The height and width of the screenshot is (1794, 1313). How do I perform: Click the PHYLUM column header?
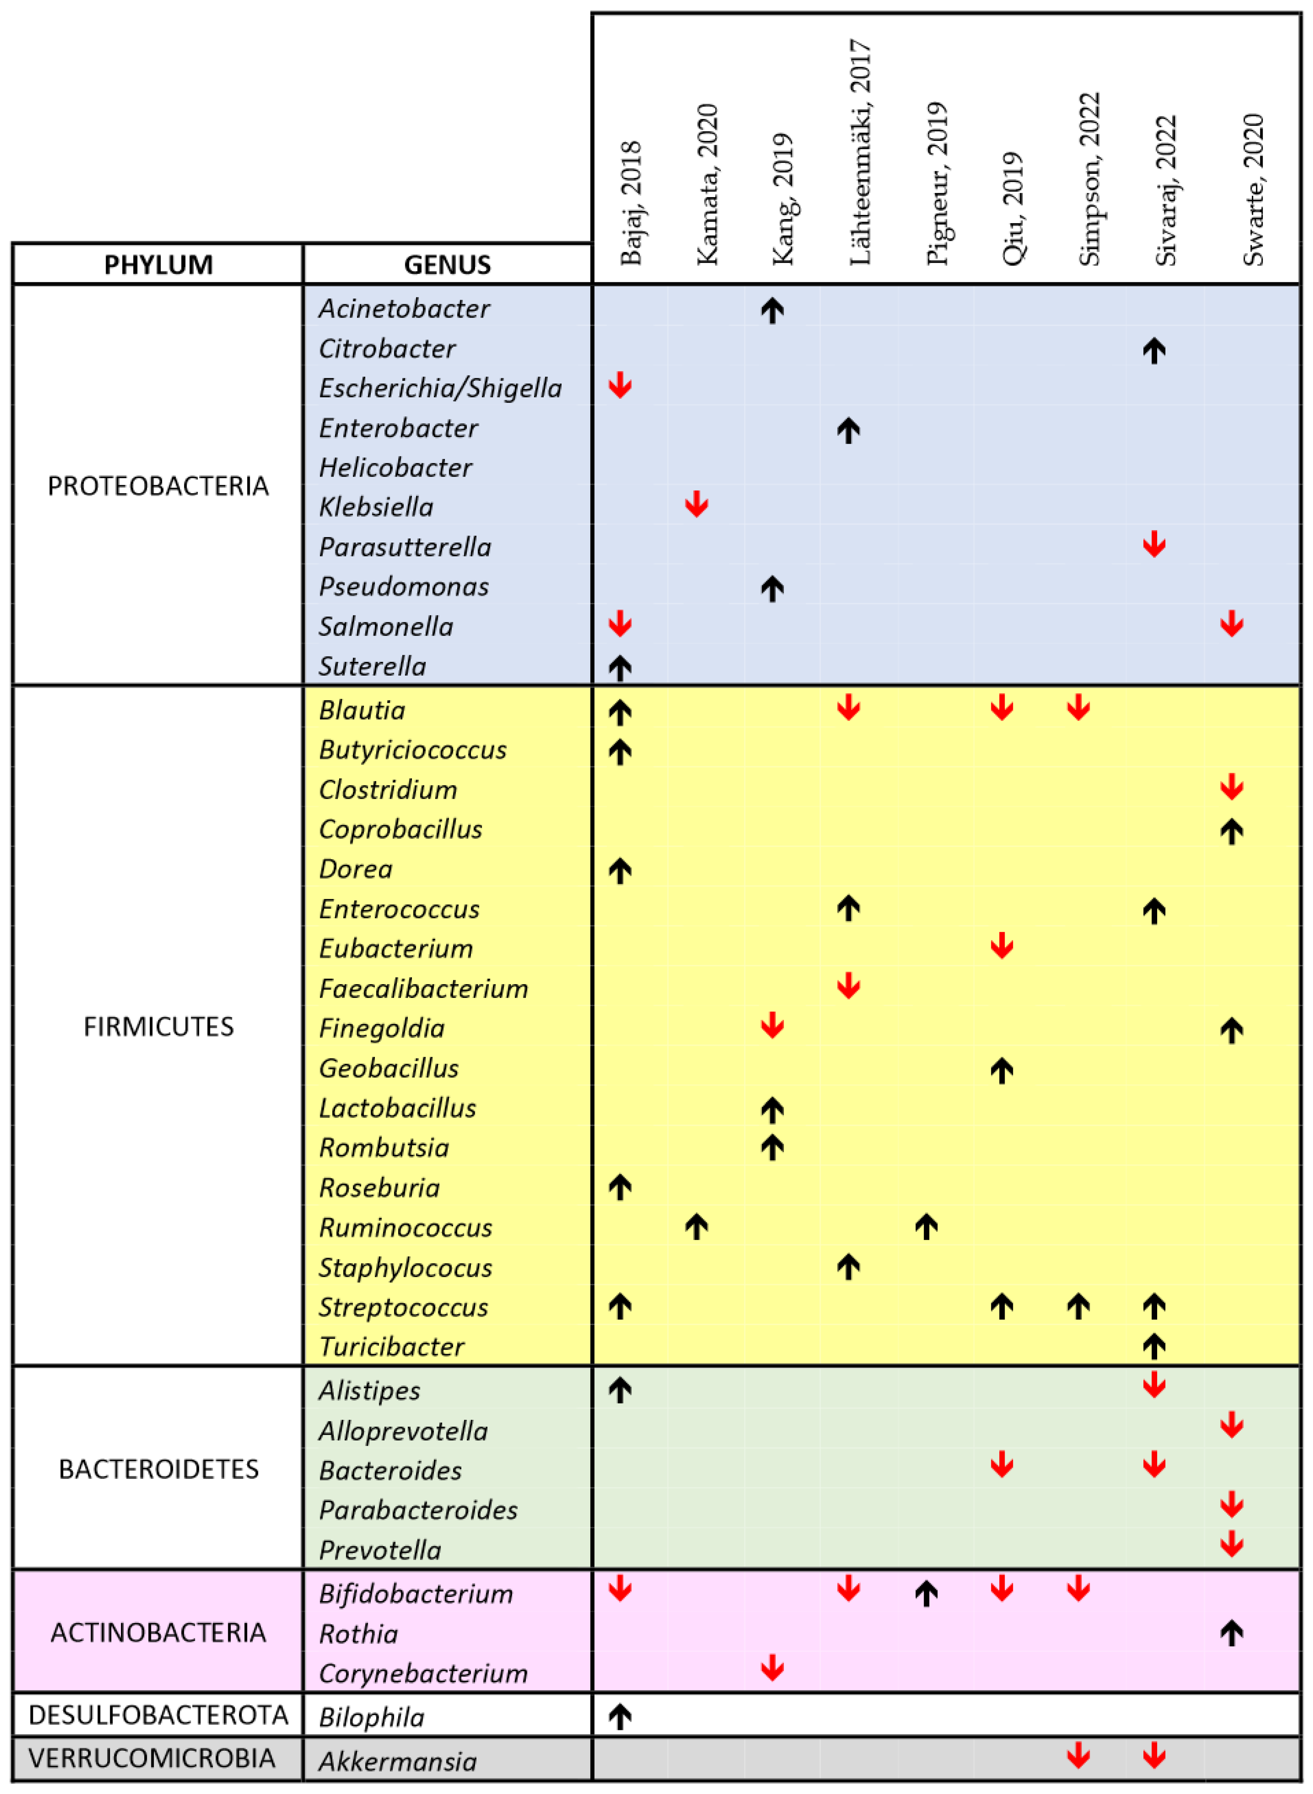[158, 264]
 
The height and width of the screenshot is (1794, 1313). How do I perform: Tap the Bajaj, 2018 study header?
[630, 203]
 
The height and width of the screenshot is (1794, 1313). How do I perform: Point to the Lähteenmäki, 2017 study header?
[860, 153]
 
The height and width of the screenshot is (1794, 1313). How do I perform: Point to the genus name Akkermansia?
[397, 1762]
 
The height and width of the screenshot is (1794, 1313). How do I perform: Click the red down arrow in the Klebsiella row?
[696, 504]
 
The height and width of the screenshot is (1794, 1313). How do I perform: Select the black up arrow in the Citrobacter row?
[1154, 350]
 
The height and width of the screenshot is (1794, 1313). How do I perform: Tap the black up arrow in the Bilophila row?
[620, 1717]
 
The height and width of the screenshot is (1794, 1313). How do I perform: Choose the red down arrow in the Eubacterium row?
[1001, 946]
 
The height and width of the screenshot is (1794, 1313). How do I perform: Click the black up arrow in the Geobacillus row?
[1001, 1070]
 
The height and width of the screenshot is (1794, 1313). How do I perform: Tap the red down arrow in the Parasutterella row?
[1154, 545]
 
